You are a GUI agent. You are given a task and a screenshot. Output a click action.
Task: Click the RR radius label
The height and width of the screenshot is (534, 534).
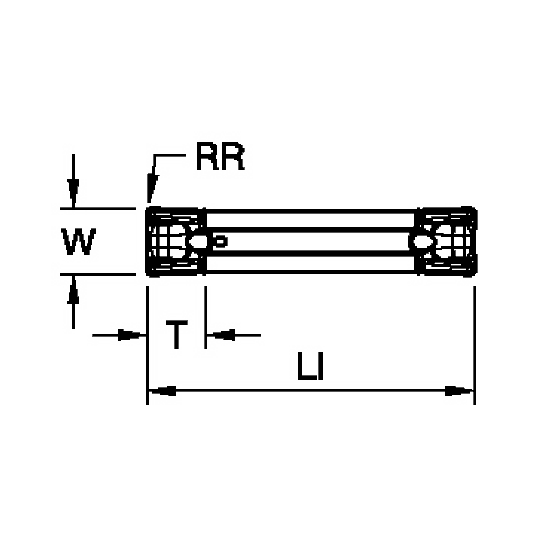tap(219, 159)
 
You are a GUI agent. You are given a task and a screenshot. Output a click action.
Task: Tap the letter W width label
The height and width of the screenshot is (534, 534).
tap(79, 242)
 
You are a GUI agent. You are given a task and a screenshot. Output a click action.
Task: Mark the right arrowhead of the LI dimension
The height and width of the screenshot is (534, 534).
tap(459, 391)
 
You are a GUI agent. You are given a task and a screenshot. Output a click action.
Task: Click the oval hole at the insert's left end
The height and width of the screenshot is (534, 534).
tap(199, 242)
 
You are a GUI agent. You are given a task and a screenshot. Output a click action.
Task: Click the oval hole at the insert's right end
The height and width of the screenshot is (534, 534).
tap(422, 242)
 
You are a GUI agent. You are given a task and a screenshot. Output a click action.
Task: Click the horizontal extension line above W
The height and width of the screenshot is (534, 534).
tap(96, 208)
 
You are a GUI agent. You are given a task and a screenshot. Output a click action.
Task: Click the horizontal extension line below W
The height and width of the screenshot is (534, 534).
tap(96, 274)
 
